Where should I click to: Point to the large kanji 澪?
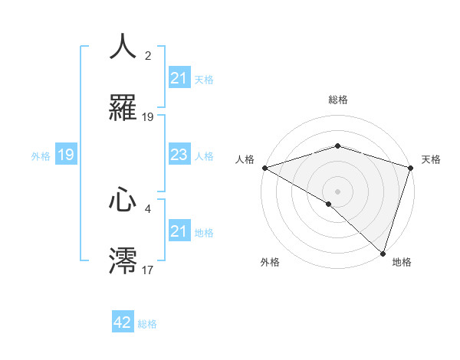pos(123,260)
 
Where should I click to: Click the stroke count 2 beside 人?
pos(148,56)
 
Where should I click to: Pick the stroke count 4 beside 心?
pos(148,208)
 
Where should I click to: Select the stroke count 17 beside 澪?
pos(148,270)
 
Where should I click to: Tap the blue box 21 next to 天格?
pos(179,79)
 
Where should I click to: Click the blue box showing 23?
pos(179,155)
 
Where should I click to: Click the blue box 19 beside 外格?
pos(66,155)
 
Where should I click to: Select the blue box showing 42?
pos(123,322)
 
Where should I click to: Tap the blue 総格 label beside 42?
pos(147,323)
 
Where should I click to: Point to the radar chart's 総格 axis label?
pos(337,100)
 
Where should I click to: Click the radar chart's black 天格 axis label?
pos(431,159)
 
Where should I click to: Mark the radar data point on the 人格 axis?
pos(264,168)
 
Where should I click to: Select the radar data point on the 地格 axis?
pos(383,253)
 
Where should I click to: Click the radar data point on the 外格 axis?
pos(328,204)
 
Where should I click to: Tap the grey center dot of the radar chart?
pos(337,191)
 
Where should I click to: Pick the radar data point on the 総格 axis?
pos(337,146)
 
